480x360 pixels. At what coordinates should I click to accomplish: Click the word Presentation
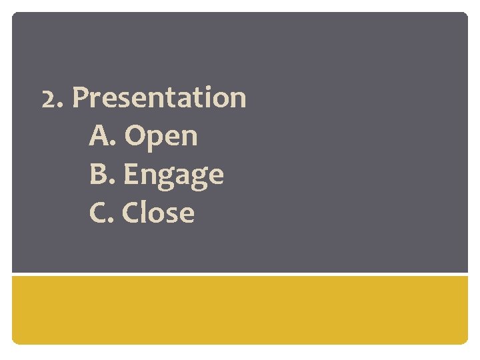159,98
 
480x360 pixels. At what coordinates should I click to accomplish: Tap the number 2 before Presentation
49,99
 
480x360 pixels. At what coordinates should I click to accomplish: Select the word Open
161,137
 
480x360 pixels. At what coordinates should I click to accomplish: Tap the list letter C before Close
98,213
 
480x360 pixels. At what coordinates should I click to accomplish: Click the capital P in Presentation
80,98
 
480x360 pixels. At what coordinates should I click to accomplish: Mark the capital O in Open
135,136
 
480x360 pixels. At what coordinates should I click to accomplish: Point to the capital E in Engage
131,175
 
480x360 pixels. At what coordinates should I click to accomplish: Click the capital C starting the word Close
132,213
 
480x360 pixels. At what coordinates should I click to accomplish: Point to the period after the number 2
60,106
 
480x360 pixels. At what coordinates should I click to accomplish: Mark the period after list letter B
113,183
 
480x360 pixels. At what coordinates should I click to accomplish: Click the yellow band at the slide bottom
240,309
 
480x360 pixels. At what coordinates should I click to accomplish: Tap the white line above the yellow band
240,274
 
